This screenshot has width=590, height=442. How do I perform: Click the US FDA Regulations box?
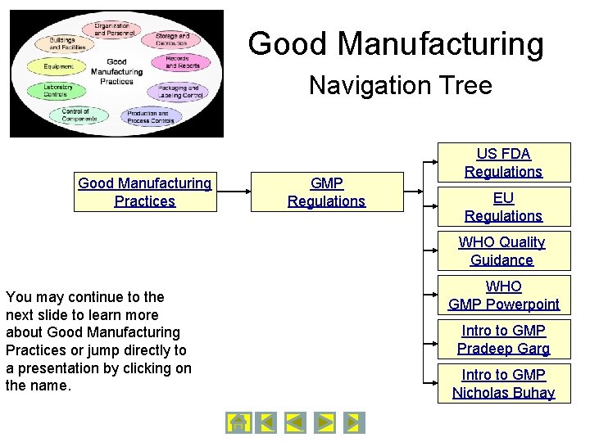pyautogui.click(x=503, y=163)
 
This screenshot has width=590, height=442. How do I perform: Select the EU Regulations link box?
pyautogui.click(x=503, y=207)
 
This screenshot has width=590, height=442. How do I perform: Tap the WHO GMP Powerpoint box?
pyautogui.click(x=503, y=295)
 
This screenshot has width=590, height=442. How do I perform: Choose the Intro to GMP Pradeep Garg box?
pyautogui.click(x=503, y=340)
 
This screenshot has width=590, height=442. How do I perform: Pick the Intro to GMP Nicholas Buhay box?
pyautogui.click(x=503, y=384)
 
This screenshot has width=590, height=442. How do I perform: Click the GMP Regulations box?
pyautogui.click(x=326, y=192)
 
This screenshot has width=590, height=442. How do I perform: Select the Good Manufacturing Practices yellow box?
pyautogui.click(x=145, y=192)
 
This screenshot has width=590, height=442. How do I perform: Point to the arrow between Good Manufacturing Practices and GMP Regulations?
pyautogui.click(x=233, y=192)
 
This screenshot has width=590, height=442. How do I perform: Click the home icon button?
pyautogui.click(x=238, y=422)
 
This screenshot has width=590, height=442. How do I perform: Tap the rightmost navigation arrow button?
pyautogui.click(x=353, y=422)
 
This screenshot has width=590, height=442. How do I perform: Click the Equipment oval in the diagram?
pyautogui.click(x=59, y=66)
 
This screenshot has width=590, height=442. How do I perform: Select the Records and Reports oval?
pyautogui.click(x=177, y=62)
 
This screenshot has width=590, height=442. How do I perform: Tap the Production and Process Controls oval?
pyautogui.click(x=150, y=117)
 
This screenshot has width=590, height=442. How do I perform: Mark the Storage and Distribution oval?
pyautogui.click(x=171, y=38)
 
